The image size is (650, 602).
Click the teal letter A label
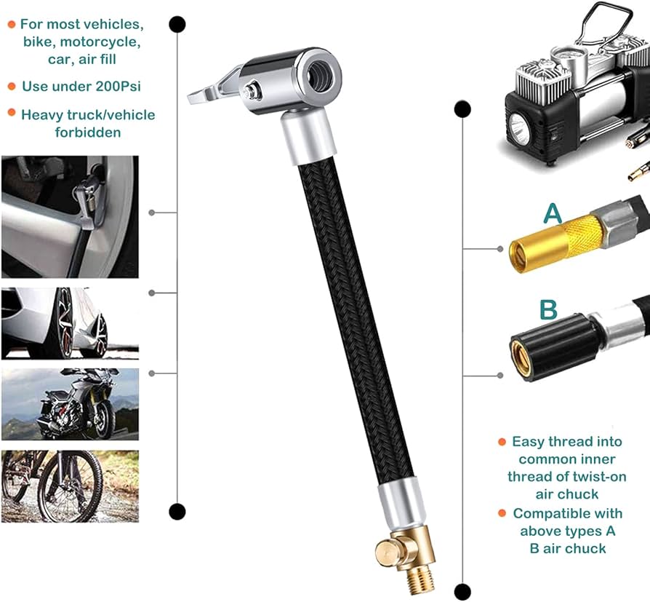point(553,214)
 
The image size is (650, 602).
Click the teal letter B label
point(548,309)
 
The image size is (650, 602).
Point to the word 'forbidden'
point(88,132)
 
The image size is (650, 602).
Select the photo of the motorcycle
point(70,403)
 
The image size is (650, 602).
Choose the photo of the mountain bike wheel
point(70,486)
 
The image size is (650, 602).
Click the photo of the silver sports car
point(70,323)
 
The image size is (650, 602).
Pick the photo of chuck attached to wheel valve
point(70,217)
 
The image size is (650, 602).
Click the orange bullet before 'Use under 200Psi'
point(12,87)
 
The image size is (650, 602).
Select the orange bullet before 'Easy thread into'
point(502,442)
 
